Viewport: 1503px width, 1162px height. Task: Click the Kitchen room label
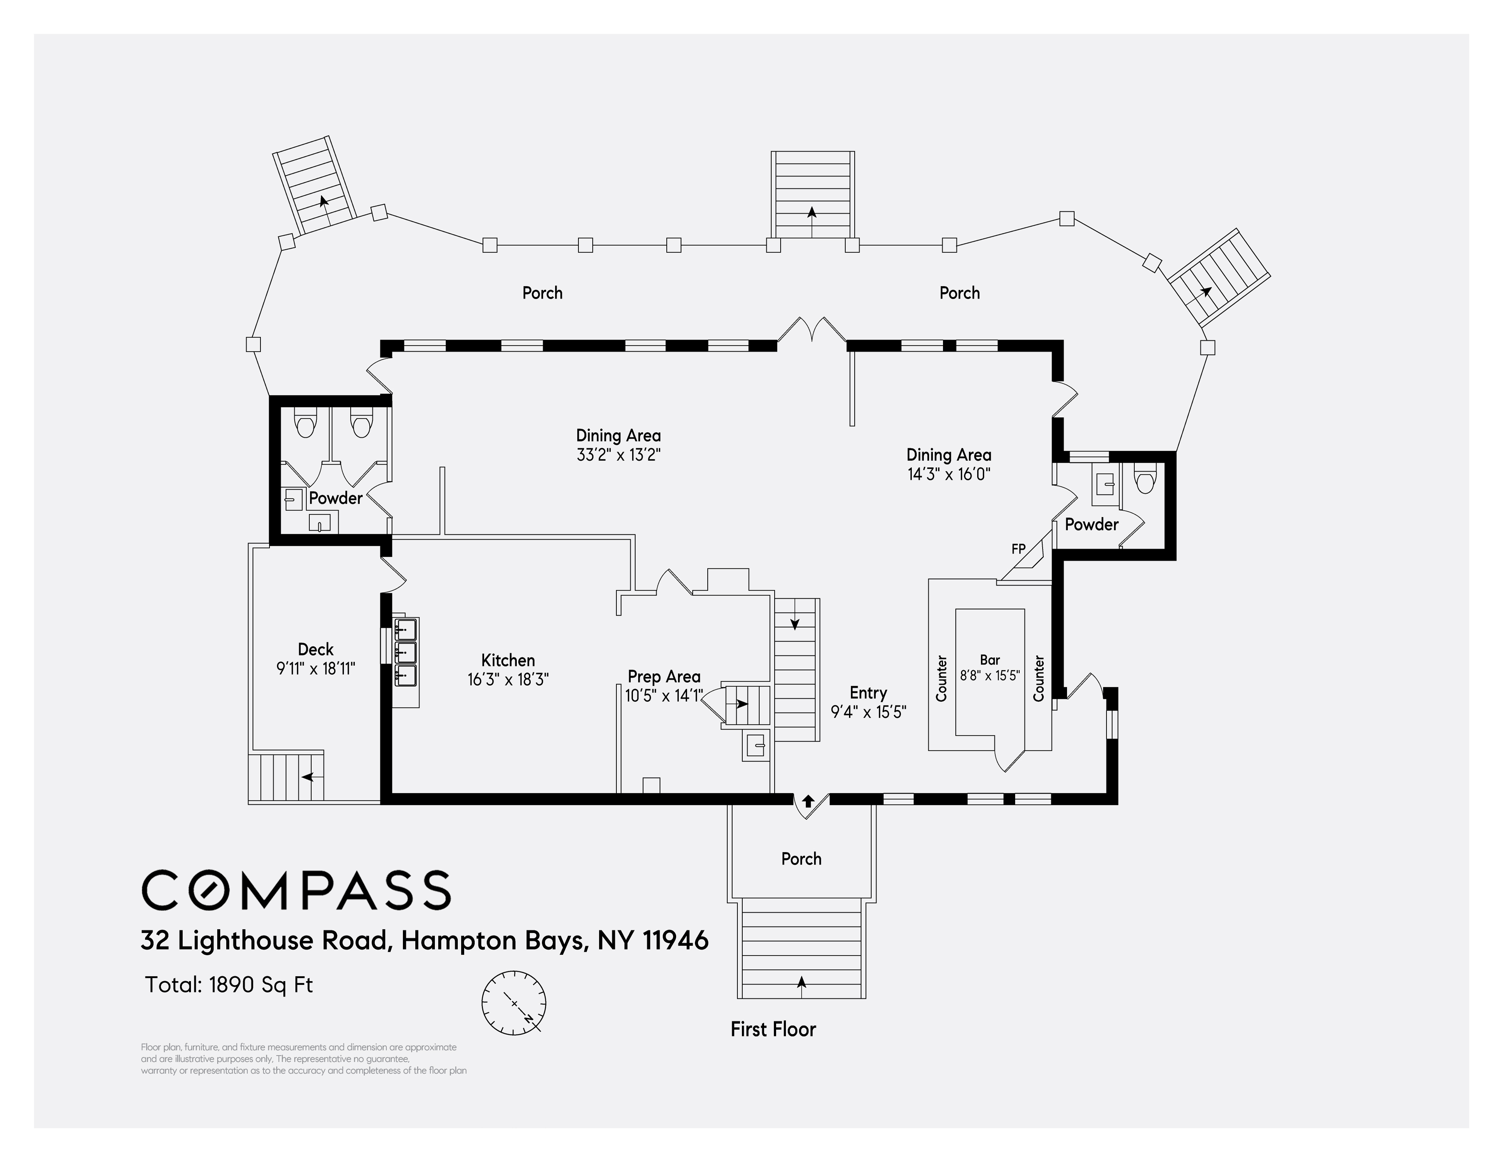[x=508, y=660]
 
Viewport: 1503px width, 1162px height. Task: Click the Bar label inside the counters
[x=990, y=660]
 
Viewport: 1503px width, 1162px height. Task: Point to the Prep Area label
[x=664, y=677]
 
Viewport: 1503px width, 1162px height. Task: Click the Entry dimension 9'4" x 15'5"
[x=869, y=712]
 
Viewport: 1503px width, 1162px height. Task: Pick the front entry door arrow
[x=808, y=801]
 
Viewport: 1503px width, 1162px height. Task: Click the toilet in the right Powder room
[x=1144, y=480]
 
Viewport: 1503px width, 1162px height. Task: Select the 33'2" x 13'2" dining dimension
[x=619, y=455]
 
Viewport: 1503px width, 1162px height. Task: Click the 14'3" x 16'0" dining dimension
[x=949, y=474]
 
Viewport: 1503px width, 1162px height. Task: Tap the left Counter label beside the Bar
[x=941, y=678]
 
